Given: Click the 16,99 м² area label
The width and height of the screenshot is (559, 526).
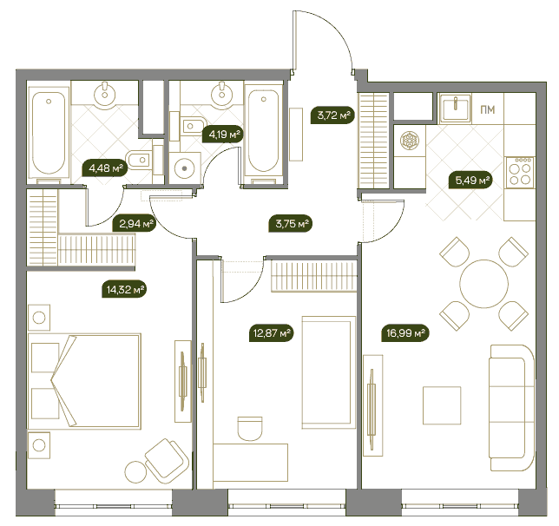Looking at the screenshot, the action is [x=405, y=333].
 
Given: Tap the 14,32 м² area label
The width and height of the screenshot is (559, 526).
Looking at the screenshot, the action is [x=125, y=289].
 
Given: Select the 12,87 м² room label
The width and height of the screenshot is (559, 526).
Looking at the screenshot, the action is [x=272, y=333].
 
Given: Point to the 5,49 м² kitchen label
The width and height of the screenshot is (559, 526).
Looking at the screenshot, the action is [x=471, y=181].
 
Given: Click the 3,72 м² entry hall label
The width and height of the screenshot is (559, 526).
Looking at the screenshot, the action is [x=333, y=115].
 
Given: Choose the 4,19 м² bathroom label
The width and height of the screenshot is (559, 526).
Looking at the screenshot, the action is [x=224, y=135].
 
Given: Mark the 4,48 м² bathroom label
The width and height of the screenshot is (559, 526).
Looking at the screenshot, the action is [x=105, y=168].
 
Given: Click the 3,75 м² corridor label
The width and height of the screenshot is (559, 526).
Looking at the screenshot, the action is [x=291, y=224].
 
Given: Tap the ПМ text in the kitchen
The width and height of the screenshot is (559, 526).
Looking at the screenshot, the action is [x=487, y=109].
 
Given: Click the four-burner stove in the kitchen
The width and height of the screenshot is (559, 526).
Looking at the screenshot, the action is [x=521, y=173].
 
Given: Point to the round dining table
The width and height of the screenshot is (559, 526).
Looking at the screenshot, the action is [x=483, y=284].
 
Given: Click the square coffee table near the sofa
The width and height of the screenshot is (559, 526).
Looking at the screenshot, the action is [x=442, y=405].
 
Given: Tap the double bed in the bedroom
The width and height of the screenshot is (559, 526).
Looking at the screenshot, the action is [x=84, y=381].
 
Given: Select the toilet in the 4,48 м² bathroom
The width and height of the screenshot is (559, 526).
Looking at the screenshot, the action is [x=139, y=161].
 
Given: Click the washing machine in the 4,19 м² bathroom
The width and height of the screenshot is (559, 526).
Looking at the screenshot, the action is [x=184, y=168].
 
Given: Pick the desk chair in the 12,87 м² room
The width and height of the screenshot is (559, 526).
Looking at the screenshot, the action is [x=250, y=428].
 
